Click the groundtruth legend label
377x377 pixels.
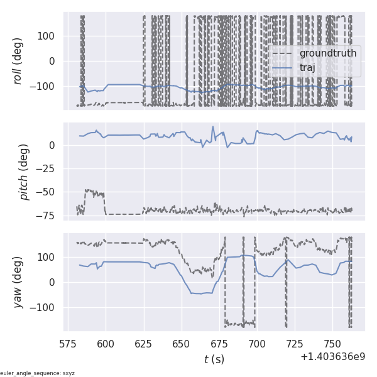tap(327, 53)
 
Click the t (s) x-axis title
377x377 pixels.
tap(214, 359)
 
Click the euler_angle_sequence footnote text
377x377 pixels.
tap(38, 373)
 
